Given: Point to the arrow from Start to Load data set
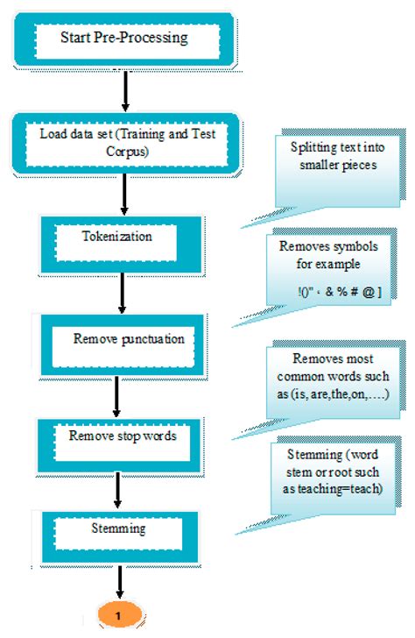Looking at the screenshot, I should (x=127, y=88).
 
